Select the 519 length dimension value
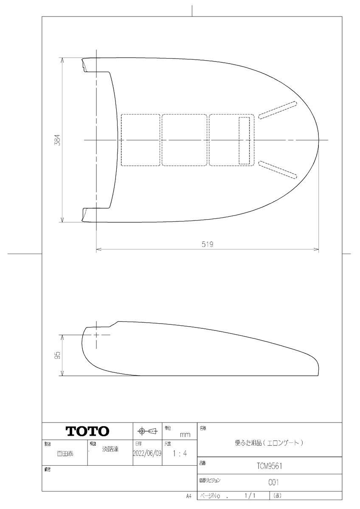(207, 244)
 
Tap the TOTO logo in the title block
(87, 431)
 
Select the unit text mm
(185, 435)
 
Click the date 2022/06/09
(147, 453)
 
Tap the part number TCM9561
(270, 466)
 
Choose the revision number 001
(273, 482)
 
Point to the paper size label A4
(188, 495)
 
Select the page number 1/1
(250, 495)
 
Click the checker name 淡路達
(110, 449)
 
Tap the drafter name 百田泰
(65, 453)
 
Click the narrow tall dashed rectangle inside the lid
(244, 140)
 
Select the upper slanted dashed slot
(278, 109)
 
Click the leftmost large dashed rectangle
(141, 140)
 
